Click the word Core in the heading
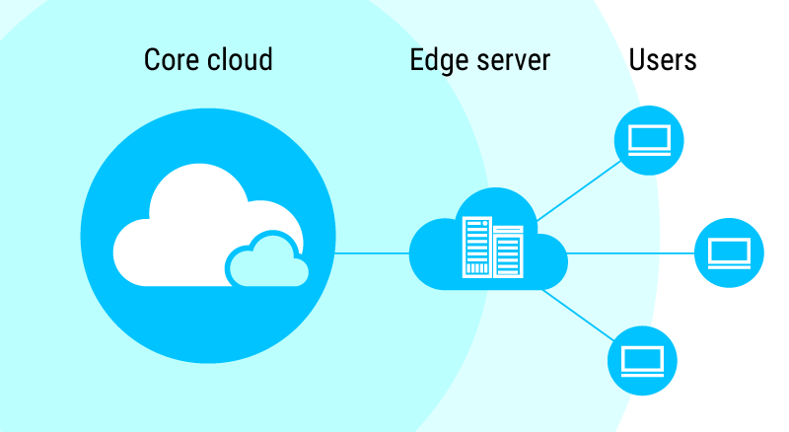170,59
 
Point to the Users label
663,59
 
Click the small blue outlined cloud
264,261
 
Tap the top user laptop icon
650,139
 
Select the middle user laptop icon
730,253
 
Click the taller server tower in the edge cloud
476,248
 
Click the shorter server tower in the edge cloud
508,252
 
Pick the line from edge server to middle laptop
631,253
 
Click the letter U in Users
636,59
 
